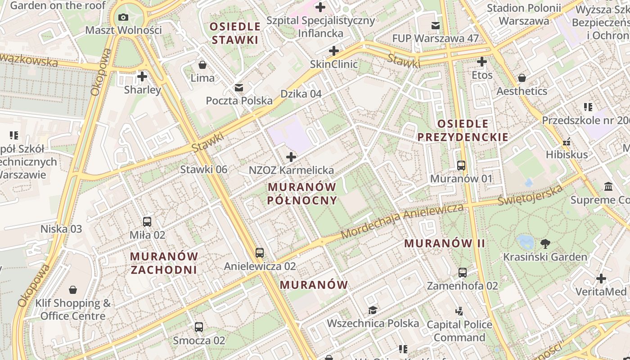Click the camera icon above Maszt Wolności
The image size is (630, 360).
pos(123,18)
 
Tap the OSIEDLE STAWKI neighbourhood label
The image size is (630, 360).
pos(235,33)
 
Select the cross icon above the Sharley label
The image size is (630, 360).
pos(142,76)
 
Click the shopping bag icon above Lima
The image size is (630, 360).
pos(202,65)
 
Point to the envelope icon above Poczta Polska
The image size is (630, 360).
pos(239,88)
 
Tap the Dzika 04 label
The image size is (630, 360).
pos(301,94)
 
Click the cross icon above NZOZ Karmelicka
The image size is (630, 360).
pos(291,157)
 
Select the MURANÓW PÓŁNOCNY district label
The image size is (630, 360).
pos(302,193)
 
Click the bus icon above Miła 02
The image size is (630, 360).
pos(147,221)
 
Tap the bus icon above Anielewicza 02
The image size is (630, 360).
pos(260,253)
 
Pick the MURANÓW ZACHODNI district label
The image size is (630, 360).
pos(164,263)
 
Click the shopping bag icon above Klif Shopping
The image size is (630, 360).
pos(73,290)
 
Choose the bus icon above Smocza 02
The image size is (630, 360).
pos(199,327)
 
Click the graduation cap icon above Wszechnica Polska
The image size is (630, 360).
pos(373,310)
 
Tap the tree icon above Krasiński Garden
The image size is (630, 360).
pos(545,244)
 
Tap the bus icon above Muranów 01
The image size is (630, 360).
pos(461,165)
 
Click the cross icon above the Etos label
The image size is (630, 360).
pos(482,62)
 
